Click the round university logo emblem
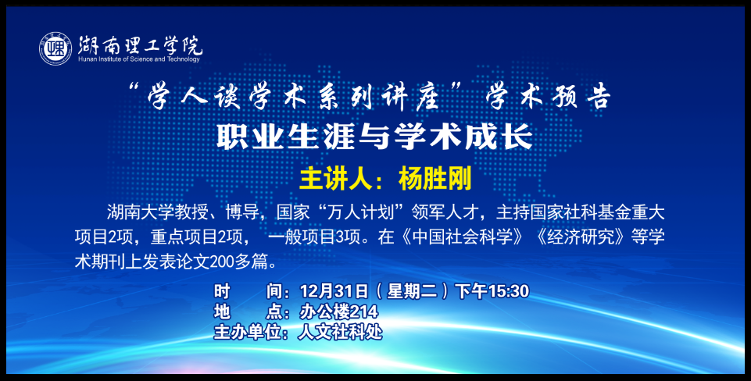(x=55, y=49)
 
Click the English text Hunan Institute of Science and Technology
(x=139, y=59)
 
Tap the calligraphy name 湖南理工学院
(x=141, y=45)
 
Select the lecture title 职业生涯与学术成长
(x=375, y=137)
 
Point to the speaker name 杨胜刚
(x=435, y=179)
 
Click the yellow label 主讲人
(x=336, y=179)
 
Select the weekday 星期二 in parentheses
(x=413, y=291)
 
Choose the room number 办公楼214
(x=339, y=312)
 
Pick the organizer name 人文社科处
(x=340, y=332)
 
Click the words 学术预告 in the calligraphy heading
(x=549, y=97)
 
